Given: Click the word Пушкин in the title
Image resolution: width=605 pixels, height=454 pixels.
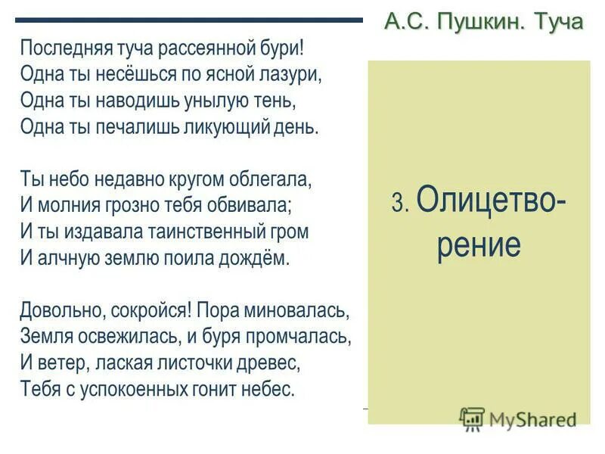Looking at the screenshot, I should (x=481, y=21).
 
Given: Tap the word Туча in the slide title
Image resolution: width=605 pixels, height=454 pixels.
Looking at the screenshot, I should (x=559, y=21).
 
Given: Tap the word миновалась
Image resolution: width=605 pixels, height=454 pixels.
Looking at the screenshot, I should (x=302, y=311).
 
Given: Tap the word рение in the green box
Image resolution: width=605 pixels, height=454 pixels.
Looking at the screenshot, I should (x=478, y=246).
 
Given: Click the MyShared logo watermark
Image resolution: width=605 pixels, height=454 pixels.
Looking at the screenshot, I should (x=518, y=418).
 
